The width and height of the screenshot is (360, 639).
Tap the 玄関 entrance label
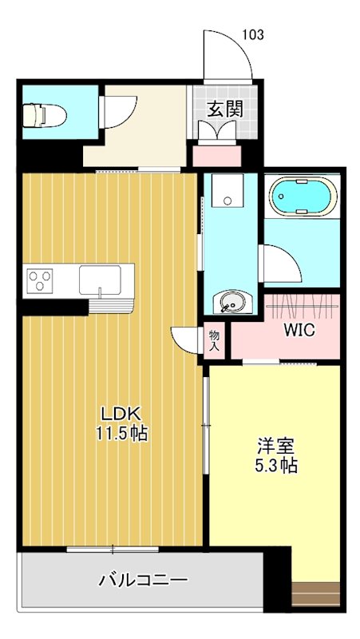point(225,109)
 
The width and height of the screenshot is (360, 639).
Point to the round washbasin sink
point(230,303)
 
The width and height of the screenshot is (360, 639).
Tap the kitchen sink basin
point(100,281)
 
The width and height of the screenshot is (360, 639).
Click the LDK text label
point(121,413)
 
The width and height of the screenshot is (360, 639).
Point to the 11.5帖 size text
point(121,434)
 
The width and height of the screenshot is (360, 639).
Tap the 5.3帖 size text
point(276,466)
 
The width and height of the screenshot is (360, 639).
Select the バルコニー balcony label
point(143,581)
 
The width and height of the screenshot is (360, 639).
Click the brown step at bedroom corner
point(316,595)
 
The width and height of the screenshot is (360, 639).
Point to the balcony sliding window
point(113,549)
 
